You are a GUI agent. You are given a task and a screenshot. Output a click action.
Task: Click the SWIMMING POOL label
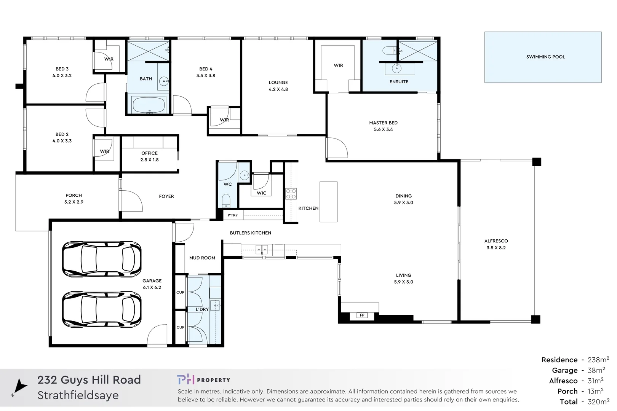545,57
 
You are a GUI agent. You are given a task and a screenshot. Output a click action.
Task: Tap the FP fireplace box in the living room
362,315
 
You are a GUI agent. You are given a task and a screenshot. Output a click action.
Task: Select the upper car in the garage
102,259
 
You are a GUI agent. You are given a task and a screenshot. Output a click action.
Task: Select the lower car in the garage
102,309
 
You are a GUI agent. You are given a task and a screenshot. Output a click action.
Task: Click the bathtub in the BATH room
149,105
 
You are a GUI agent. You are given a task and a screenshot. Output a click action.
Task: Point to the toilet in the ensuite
389,51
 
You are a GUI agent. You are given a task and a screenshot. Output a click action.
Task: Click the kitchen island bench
328,202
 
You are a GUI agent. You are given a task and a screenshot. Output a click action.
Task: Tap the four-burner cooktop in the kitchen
291,194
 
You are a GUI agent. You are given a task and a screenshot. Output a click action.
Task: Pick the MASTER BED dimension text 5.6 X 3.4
383,129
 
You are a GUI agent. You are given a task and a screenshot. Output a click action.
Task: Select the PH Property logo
203,379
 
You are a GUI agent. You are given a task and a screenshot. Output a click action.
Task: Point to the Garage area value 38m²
596,370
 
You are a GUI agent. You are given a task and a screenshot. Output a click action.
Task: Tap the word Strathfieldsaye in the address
78,395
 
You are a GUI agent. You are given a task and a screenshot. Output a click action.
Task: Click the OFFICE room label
149,153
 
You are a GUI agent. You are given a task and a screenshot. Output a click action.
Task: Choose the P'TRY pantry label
233,215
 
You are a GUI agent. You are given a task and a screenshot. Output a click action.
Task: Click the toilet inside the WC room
226,200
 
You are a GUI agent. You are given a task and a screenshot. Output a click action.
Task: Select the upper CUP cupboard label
180,292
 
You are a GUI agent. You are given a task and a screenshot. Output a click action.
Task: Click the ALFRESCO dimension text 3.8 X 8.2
496,248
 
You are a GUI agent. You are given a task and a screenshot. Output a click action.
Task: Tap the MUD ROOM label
202,258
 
